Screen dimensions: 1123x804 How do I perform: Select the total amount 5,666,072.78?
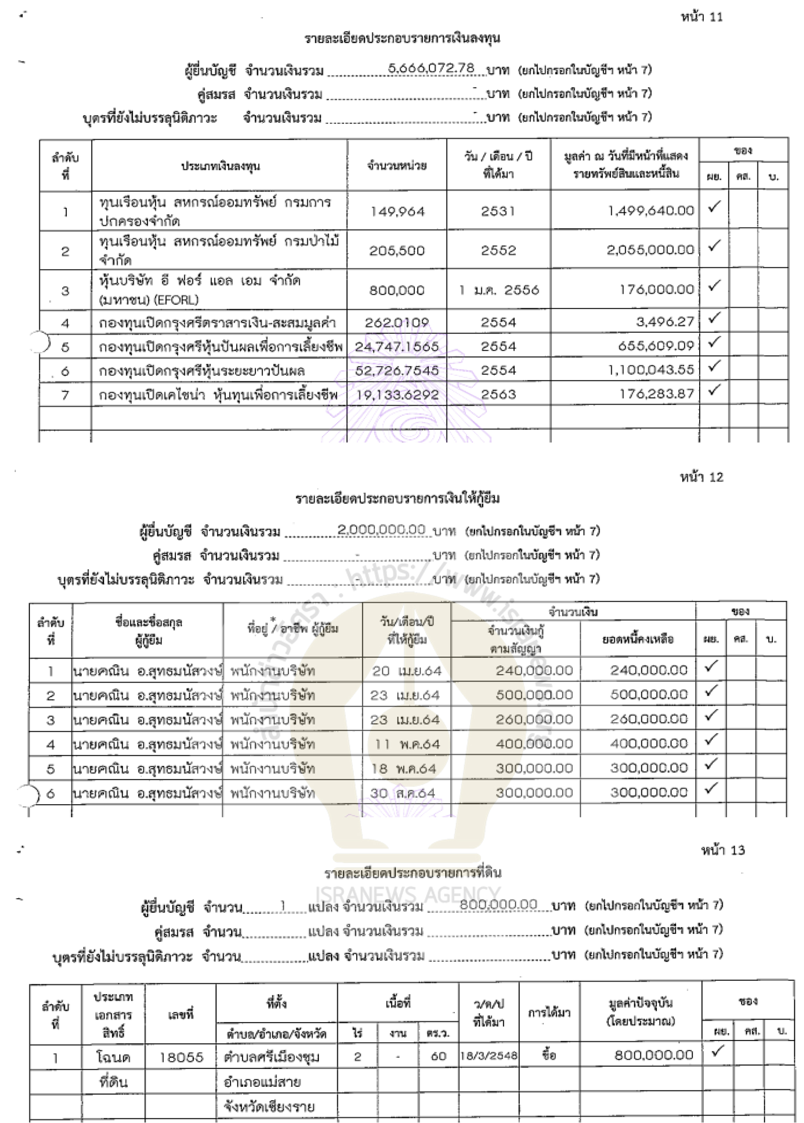431,68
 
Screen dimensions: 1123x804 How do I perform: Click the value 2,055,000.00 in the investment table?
650,250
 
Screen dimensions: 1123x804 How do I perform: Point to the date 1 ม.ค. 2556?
499,290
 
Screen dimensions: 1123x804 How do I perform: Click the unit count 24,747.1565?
397,346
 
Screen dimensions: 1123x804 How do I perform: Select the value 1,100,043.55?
651,370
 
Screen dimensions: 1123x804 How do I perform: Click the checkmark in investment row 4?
714,318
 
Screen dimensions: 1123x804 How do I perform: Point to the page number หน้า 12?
701,477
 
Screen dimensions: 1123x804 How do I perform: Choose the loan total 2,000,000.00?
381,530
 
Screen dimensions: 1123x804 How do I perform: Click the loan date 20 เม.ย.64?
406,671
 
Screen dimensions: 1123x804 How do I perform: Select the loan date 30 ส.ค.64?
402,793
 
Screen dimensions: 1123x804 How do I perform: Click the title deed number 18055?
181,1057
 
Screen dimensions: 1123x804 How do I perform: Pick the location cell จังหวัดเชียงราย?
269,1107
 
